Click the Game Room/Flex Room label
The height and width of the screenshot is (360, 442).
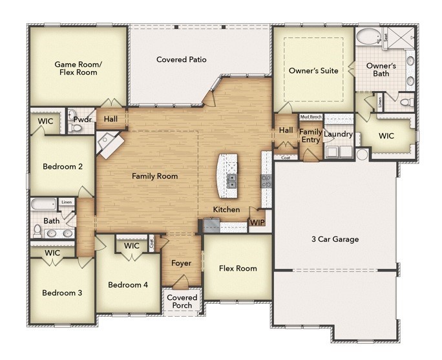[x=76, y=69]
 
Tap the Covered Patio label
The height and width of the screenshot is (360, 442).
[x=182, y=59]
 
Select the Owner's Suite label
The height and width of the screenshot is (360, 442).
[x=313, y=70]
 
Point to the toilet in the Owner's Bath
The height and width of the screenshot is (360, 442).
[x=405, y=102]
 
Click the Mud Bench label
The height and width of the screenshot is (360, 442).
[x=311, y=117]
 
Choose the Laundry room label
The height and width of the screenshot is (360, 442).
[x=338, y=134]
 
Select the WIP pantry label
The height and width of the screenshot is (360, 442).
[x=257, y=222]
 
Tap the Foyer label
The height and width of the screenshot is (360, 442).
[x=180, y=263]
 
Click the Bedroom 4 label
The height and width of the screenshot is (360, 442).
[x=127, y=285]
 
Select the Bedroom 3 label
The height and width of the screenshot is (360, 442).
[x=62, y=293]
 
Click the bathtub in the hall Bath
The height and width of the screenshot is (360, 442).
[x=43, y=206]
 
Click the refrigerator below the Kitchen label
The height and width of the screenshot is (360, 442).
[x=211, y=226]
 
